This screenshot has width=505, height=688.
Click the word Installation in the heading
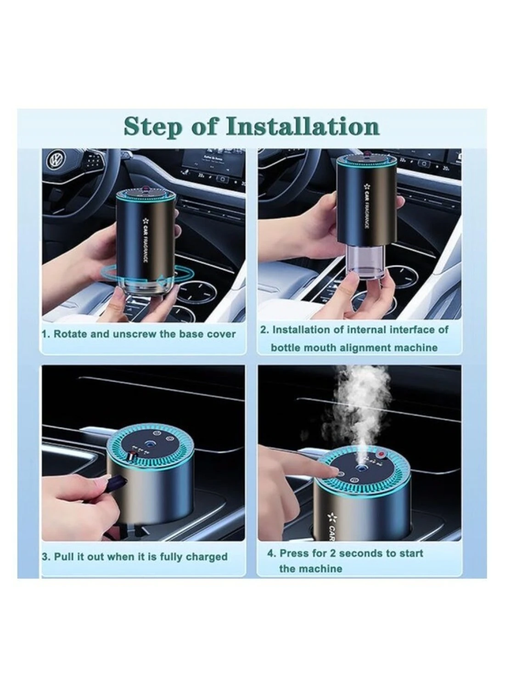pyautogui.click(x=303, y=126)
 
